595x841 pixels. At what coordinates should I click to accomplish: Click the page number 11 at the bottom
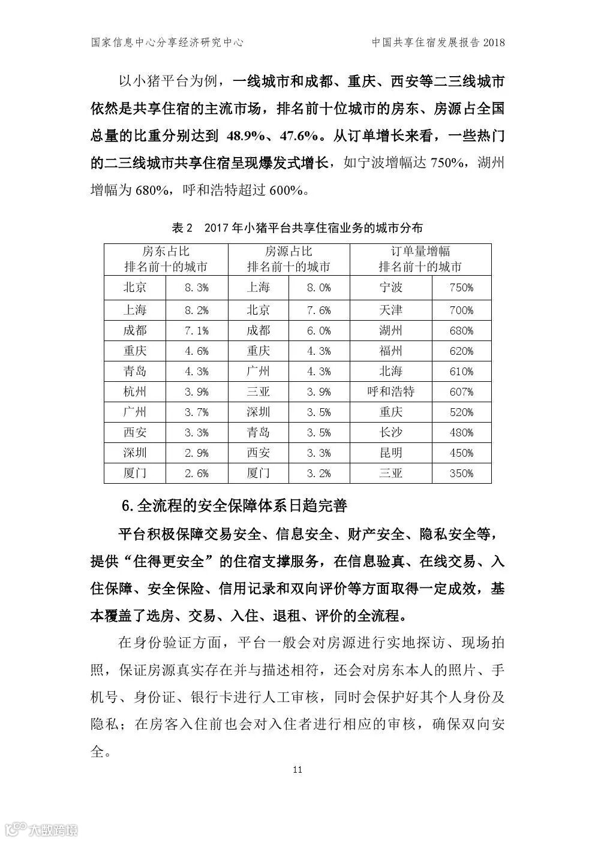coord(297,769)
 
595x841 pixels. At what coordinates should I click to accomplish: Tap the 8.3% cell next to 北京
coord(197,288)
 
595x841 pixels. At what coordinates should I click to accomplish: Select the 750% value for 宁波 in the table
coord(461,288)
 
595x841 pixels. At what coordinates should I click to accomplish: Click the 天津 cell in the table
coord(390,310)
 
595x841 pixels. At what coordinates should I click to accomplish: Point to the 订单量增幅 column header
coord(420,252)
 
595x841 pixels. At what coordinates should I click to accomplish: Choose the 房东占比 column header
coord(166,252)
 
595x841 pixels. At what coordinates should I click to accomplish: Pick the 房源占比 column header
coord(289,252)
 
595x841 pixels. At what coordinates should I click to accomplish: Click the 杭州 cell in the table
coord(135,391)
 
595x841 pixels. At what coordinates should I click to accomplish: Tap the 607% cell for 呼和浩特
coord(461,391)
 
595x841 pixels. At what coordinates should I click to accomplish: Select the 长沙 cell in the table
coord(390,432)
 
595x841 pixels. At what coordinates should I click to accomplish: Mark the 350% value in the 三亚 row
coord(461,473)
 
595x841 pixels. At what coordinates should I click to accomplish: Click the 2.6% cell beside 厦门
coord(197,473)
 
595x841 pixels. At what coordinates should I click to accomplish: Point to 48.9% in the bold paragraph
coord(247,136)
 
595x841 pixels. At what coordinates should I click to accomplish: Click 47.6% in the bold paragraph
coord(298,136)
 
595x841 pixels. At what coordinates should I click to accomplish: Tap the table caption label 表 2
coord(181,228)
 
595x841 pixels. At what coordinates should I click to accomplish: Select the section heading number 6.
coord(126,505)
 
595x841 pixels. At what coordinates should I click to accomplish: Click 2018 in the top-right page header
coord(494,43)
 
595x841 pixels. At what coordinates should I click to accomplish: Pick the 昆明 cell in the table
coord(390,453)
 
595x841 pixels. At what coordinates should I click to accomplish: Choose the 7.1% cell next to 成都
coord(197,330)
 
